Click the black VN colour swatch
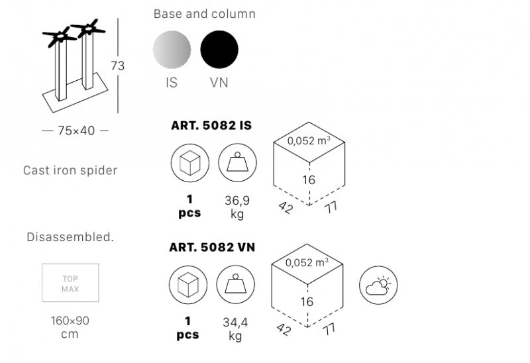pyautogui.click(x=219, y=49)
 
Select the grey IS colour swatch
pyautogui.click(x=172, y=49)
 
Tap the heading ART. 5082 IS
pyautogui.click(x=211, y=125)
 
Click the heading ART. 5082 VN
pyautogui.click(x=212, y=247)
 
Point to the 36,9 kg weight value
pyautogui.click(x=237, y=207)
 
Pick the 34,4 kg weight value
pyautogui.click(x=235, y=329)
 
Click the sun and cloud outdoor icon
pyautogui.click(x=378, y=285)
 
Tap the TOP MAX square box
pyautogui.click(x=70, y=283)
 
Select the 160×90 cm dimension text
pyautogui.click(x=70, y=327)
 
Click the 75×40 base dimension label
pyautogui.click(x=76, y=130)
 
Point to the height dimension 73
pyautogui.click(x=118, y=66)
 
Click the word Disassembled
pyautogui.click(x=70, y=237)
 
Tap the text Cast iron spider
pyautogui.click(x=70, y=170)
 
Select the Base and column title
pyautogui.click(x=205, y=14)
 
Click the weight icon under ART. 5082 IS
pyautogui.click(x=237, y=163)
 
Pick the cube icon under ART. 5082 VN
pyautogui.click(x=188, y=285)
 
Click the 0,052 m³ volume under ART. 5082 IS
pyautogui.click(x=309, y=140)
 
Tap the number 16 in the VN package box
pyautogui.click(x=307, y=301)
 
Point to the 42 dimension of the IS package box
pyautogui.click(x=286, y=207)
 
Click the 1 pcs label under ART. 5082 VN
pyautogui.click(x=187, y=328)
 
